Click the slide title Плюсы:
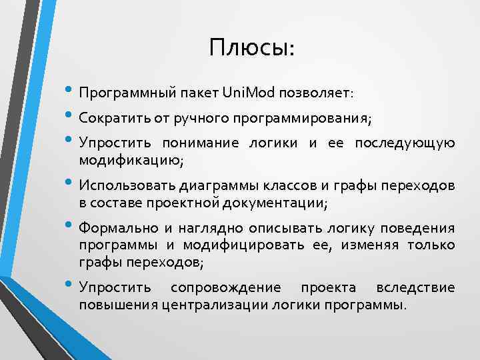(251, 47)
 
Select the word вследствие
(415, 289)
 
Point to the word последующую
(405, 143)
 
